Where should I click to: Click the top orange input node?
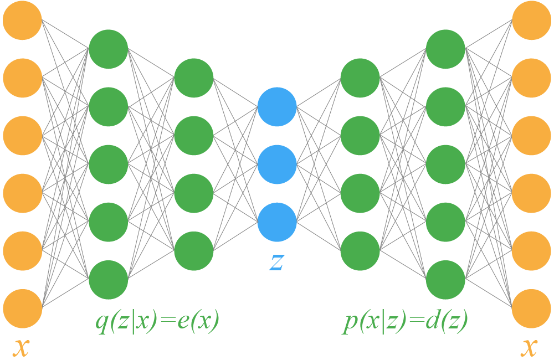[x=23, y=20]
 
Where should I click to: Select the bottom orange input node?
[x=23, y=308]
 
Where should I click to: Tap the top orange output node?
[x=531, y=20]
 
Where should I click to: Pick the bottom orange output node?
[x=531, y=308]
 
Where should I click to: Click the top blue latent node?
[x=277, y=106]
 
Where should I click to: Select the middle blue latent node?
[x=277, y=164]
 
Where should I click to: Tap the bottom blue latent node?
[x=277, y=222]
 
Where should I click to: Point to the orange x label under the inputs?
[x=21, y=347]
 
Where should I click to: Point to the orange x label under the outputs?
[x=530, y=347]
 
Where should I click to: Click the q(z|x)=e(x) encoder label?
[x=157, y=321]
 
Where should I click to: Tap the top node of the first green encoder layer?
[x=109, y=49]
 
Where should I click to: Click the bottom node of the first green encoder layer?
[x=109, y=280]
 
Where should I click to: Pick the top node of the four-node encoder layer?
[x=194, y=78]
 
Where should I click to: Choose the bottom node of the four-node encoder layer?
[x=194, y=251]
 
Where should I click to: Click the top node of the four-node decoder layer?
[x=360, y=78]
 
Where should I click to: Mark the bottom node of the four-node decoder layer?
[x=360, y=251]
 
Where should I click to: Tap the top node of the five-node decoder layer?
[x=445, y=49]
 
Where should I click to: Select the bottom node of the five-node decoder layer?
[x=445, y=280]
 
